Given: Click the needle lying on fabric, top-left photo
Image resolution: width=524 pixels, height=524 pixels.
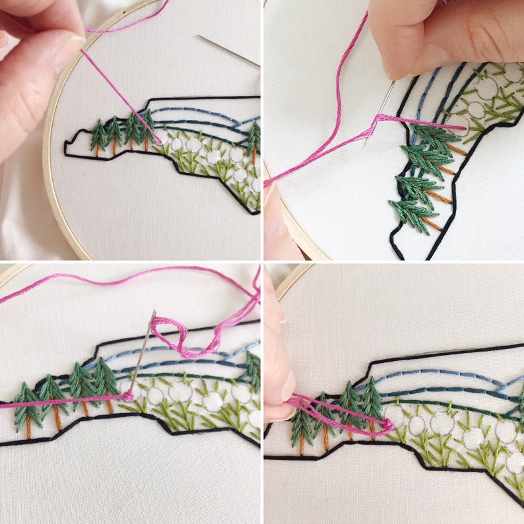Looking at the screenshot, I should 228,50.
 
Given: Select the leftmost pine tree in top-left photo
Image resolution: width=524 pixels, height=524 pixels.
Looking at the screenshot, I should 98,135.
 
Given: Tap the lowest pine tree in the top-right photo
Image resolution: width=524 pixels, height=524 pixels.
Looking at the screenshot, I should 409,212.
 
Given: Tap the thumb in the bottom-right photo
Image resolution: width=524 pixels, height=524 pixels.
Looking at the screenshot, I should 275,370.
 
